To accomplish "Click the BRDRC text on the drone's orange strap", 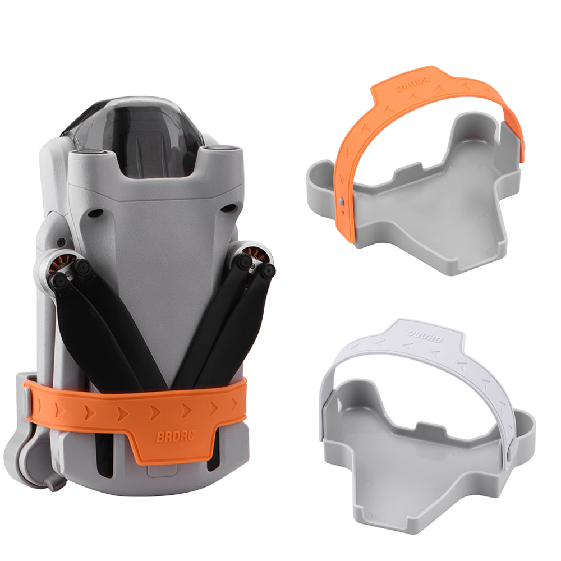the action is point(176,436).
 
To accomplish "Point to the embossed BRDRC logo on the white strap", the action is point(424,335).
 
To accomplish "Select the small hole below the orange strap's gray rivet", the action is point(343,213).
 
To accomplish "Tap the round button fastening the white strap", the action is point(510,453).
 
